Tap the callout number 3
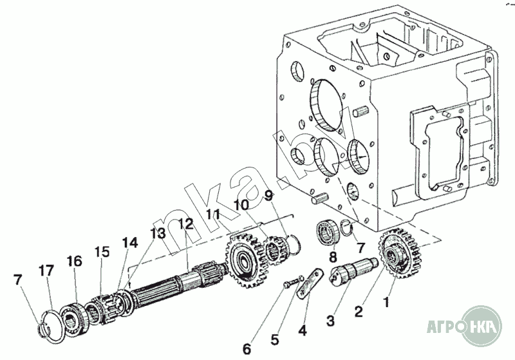coord(330,320)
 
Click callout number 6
coord(247,350)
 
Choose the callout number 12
coord(185,224)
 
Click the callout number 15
coord(102,252)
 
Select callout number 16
coord(75,261)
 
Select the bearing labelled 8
coord(327,232)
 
